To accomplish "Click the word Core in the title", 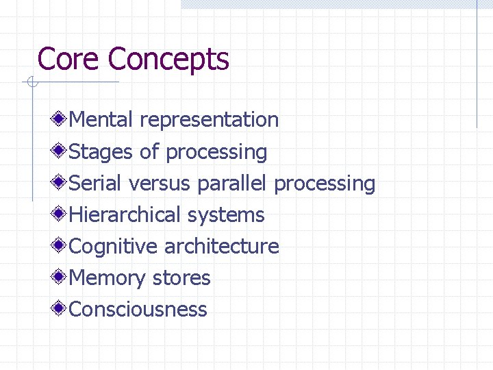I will coord(69,59).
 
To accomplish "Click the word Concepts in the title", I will coord(168,60).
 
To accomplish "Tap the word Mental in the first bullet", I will coord(101,120).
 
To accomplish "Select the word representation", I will coord(209,121).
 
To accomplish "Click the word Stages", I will coord(101,152).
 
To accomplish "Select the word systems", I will coord(225,215).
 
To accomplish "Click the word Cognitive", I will coord(114,247).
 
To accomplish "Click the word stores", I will coord(181,278).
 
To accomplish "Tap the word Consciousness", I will coord(138,310).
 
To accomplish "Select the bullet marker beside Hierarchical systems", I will coord(61,214).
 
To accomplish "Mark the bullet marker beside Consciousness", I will coord(61,308).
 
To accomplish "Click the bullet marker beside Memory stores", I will coord(61,277).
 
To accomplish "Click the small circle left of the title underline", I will coord(30,83).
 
